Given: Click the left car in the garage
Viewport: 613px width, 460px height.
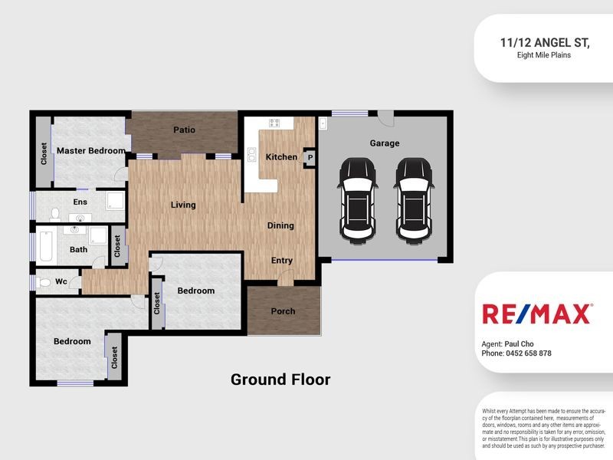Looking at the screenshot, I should (357, 198).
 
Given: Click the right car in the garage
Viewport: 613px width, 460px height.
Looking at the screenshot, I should (414, 198).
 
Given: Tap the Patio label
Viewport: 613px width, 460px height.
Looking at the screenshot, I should (184, 130).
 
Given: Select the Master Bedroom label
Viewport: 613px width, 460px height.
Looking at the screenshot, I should (90, 151).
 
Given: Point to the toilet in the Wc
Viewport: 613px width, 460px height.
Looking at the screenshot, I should (44, 282).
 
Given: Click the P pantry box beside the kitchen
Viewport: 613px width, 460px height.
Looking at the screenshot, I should (310, 157).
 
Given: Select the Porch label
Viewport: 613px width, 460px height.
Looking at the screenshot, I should (283, 311).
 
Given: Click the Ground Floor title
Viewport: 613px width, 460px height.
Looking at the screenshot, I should (280, 379).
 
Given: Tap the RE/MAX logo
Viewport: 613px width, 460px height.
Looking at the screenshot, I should (536, 314).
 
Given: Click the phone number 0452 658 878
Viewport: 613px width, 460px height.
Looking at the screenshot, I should (528, 353).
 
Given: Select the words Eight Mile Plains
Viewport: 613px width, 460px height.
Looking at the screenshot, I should (543, 55).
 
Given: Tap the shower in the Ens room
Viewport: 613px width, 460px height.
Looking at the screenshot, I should (116, 202).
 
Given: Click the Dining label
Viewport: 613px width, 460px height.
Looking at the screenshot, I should (280, 225).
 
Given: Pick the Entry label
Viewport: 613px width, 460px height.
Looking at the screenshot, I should (282, 261).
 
